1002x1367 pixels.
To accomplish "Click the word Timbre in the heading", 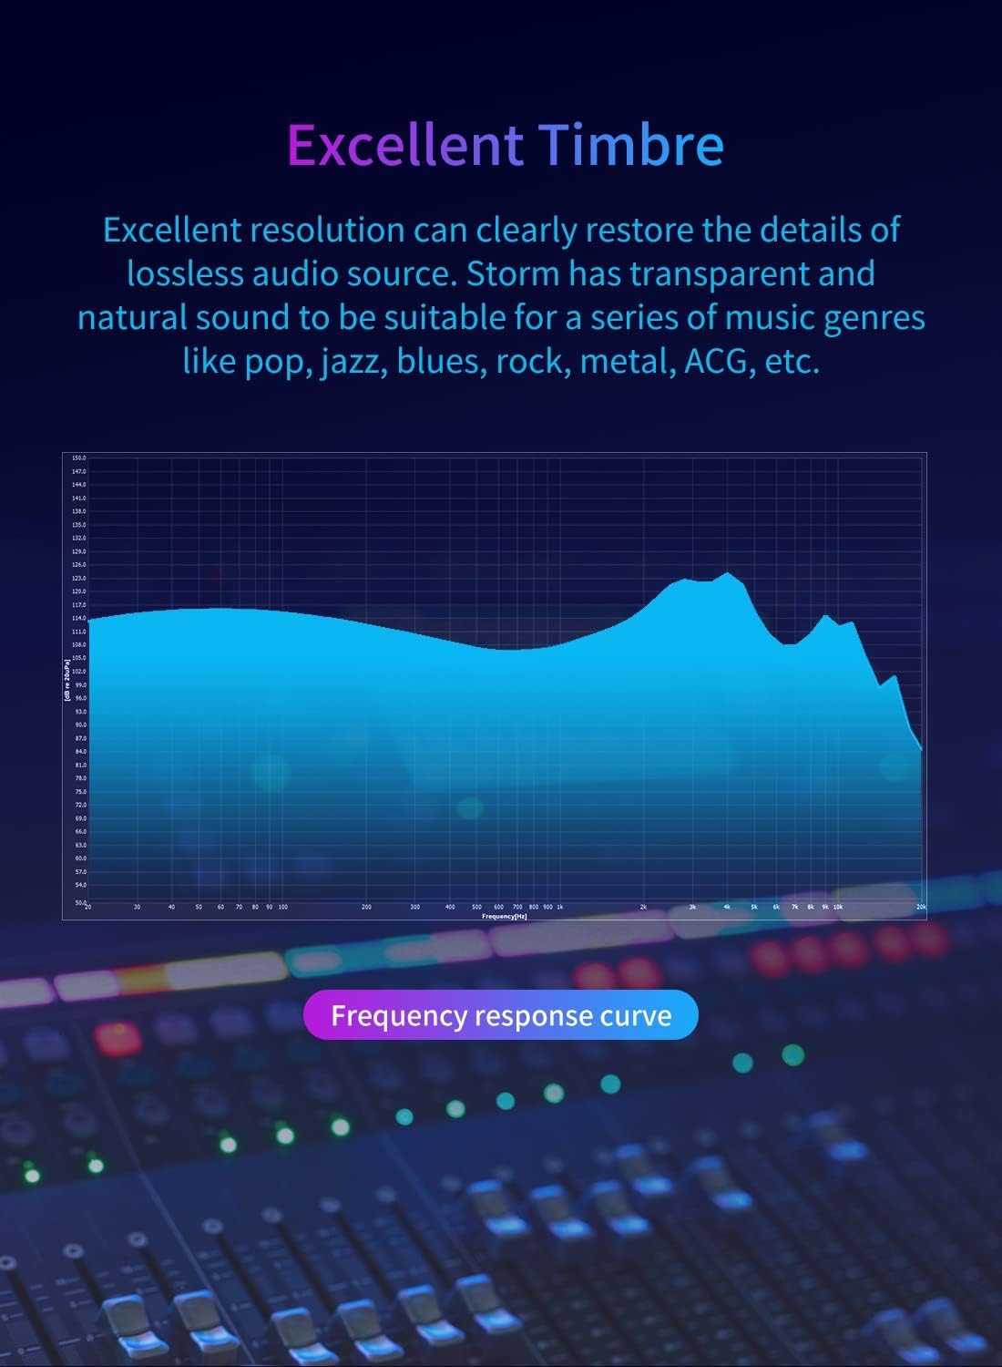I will point(630,144).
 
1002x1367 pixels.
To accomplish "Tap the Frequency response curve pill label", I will point(501,1015).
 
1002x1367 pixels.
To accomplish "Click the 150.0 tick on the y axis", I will point(78,457).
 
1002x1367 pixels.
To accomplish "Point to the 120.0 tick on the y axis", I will point(78,591).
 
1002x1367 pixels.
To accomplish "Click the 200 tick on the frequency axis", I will point(366,908).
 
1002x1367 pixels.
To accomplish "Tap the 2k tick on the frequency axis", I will point(643,908).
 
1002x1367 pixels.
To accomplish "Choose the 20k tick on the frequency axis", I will point(921,908).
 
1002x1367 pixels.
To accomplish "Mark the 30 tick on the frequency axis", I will point(137,908).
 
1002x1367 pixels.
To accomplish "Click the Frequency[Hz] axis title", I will point(504,916).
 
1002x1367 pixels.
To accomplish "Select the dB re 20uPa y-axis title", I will point(67,680).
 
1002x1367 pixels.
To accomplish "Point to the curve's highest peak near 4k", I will point(727,573).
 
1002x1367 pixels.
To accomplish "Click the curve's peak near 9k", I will point(825,616).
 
